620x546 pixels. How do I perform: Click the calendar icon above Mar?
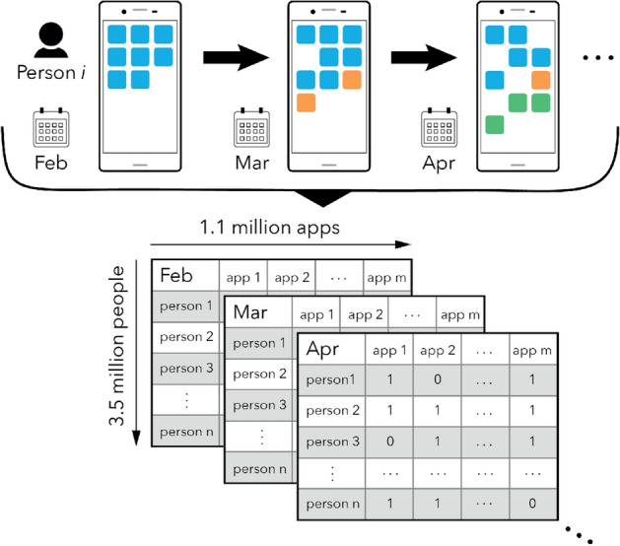click(248, 127)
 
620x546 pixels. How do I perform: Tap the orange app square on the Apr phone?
click(540, 80)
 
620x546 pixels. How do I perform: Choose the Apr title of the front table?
click(327, 349)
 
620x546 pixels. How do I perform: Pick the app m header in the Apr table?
click(530, 351)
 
